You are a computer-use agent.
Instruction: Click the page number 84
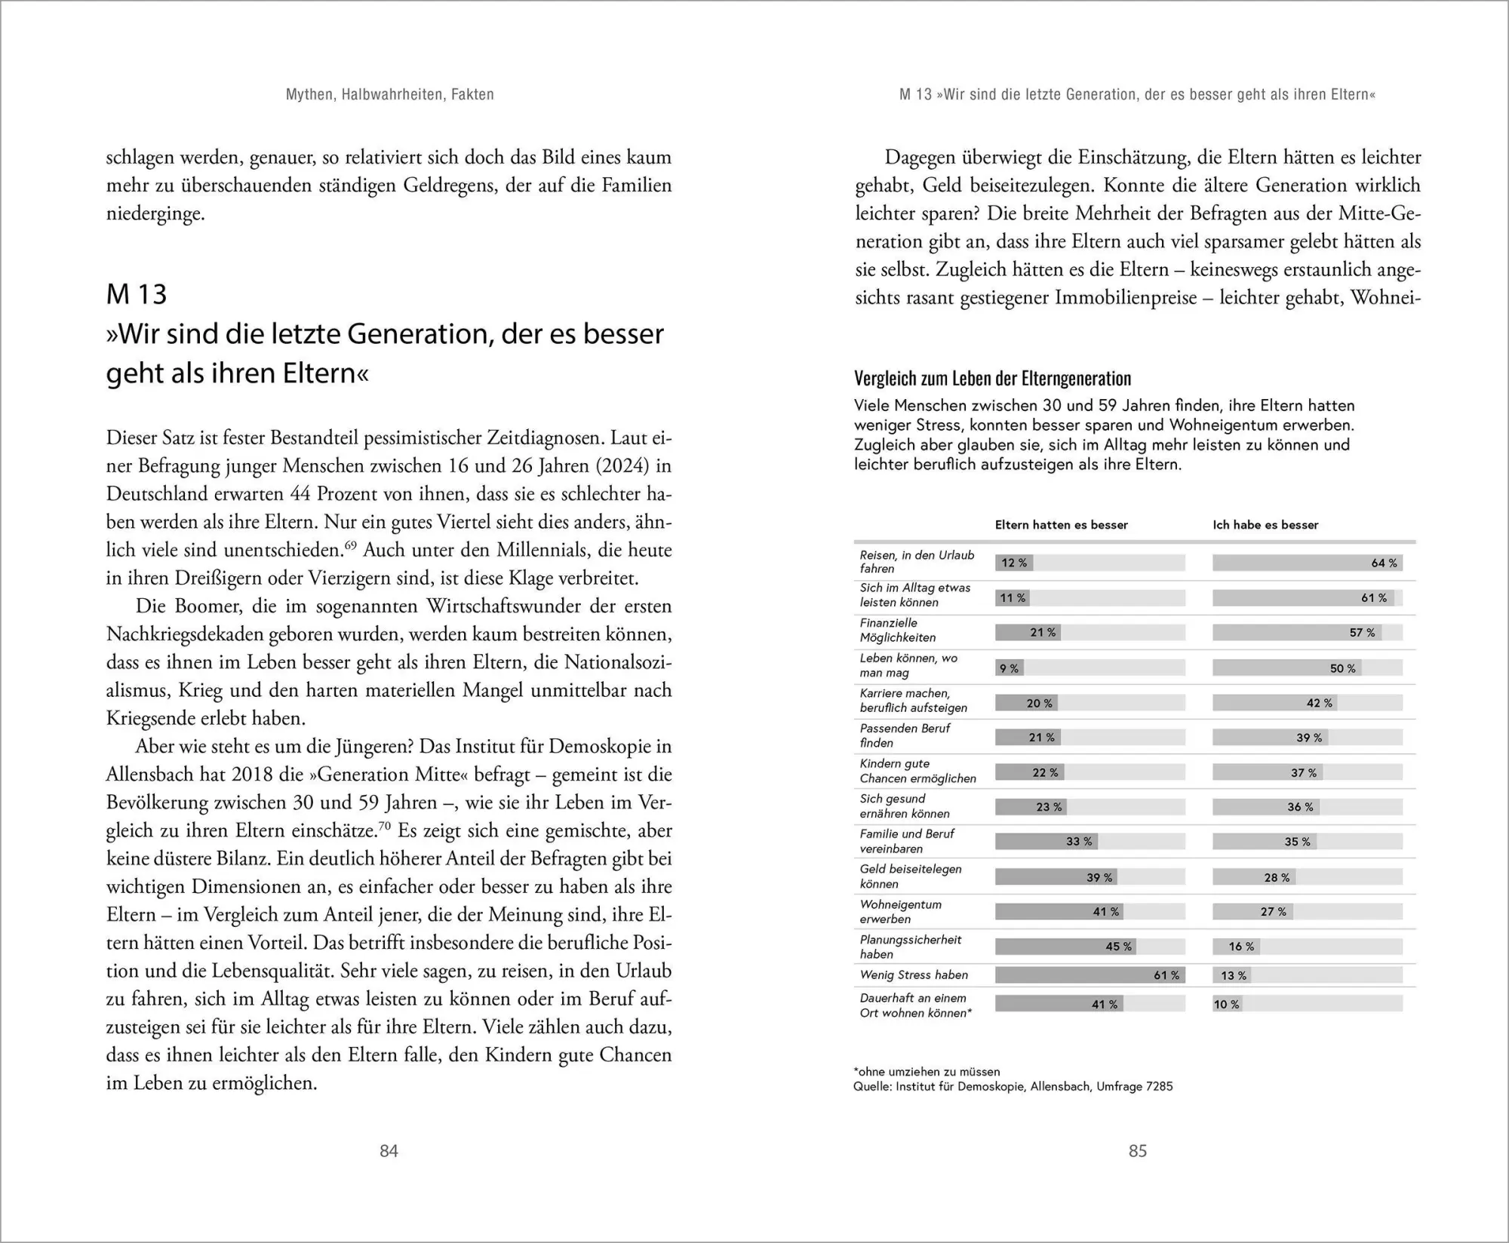[x=389, y=1150]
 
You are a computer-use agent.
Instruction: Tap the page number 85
[x=1137, y=1150]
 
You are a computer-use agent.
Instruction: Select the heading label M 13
[x=137, y=294]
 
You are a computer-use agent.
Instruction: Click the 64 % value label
[x=1384, y=563]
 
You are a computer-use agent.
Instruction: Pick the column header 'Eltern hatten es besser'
[x=1061, y=525]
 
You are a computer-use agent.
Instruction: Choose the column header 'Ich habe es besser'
[x=1265, y=525]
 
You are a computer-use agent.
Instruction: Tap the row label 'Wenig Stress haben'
[x=914, y=974]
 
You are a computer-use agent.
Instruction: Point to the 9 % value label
[x=1009, y=668]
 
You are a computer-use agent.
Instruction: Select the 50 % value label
[x=1342, y=668]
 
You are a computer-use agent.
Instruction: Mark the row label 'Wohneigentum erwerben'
[x=900, y=911]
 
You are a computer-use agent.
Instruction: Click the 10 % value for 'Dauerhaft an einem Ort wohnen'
[x=1226, y=1004]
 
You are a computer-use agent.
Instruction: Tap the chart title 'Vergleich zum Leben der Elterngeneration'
[x=992, y=379]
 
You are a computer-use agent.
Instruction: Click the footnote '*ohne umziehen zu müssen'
[x=927, y=1071]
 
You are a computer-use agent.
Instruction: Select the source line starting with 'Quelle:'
[x=1013, y=1086]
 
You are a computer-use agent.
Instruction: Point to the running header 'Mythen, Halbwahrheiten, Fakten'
[x=389, y=94]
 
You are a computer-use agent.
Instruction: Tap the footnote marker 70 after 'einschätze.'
[x=384, y=826]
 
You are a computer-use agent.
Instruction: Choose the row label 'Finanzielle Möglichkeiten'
[x=897, y=630]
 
